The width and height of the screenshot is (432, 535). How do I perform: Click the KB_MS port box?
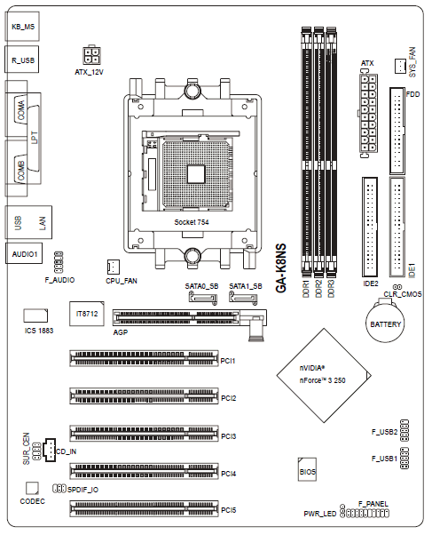tap(22, 27)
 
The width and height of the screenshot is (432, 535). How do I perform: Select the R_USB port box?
tap(22, 60)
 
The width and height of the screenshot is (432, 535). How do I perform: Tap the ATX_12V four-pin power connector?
tap(91, 56)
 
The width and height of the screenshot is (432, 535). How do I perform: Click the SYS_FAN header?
tap(400, 66)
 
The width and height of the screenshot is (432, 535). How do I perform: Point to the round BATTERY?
tap(385, 323)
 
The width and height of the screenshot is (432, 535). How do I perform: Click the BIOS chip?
tap(307, 470)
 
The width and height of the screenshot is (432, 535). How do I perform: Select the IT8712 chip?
tap(87, 314)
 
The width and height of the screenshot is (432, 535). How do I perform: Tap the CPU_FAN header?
tap(114, 267)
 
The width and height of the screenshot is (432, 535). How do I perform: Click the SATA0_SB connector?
tap(203, 298)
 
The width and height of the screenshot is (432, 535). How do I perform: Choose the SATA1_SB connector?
tap(243, 298)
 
